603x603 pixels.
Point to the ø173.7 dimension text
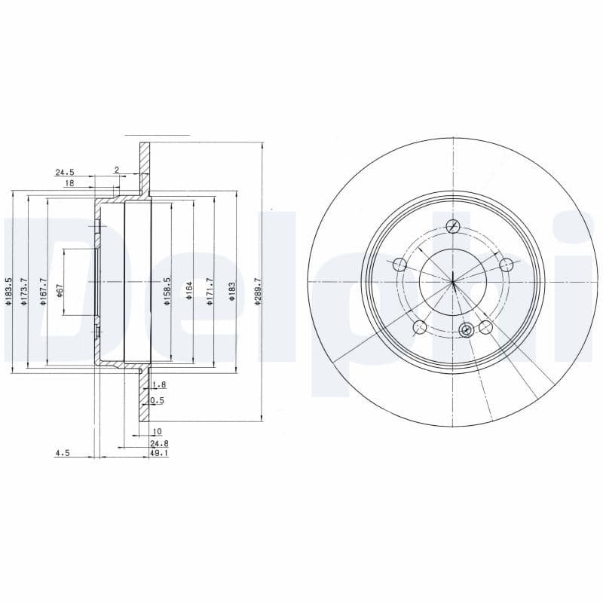coord(25,292)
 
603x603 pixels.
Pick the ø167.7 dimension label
coord(44,292)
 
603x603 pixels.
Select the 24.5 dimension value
coord(65,172)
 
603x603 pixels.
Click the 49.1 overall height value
coord(159,454)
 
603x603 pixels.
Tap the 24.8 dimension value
coord(159,444)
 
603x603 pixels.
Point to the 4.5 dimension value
coord(62,454)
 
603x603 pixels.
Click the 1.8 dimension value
coord(159,384)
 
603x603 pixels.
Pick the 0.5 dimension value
coord(158,400)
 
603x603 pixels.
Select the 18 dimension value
coord(69,183)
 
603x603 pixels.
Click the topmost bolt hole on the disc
coord(453,226)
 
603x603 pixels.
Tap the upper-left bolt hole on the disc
coord(399,265)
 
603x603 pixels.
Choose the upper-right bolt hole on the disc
coord(507,265)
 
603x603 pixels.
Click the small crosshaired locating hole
coord(466,329)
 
